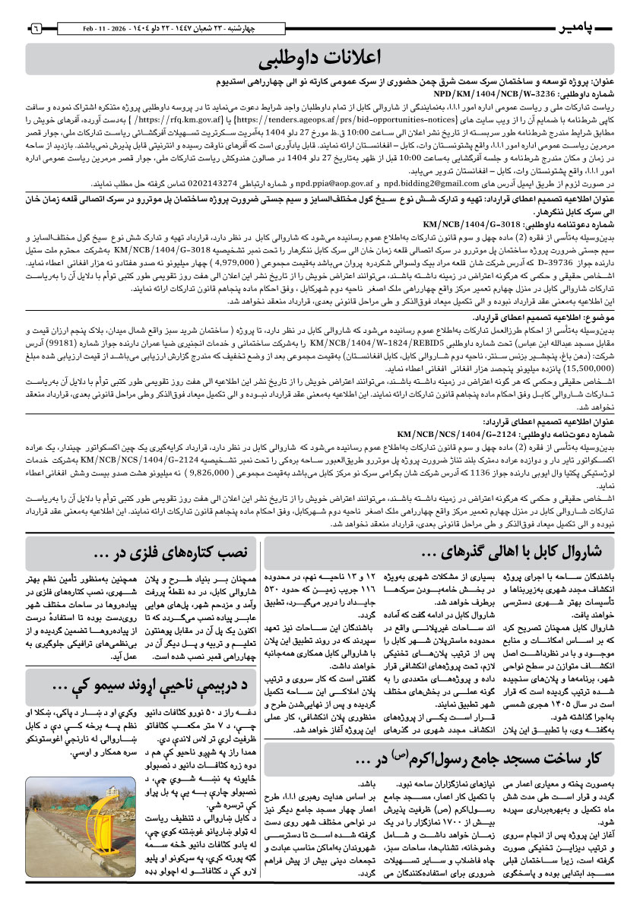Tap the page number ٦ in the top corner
[35, 28]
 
